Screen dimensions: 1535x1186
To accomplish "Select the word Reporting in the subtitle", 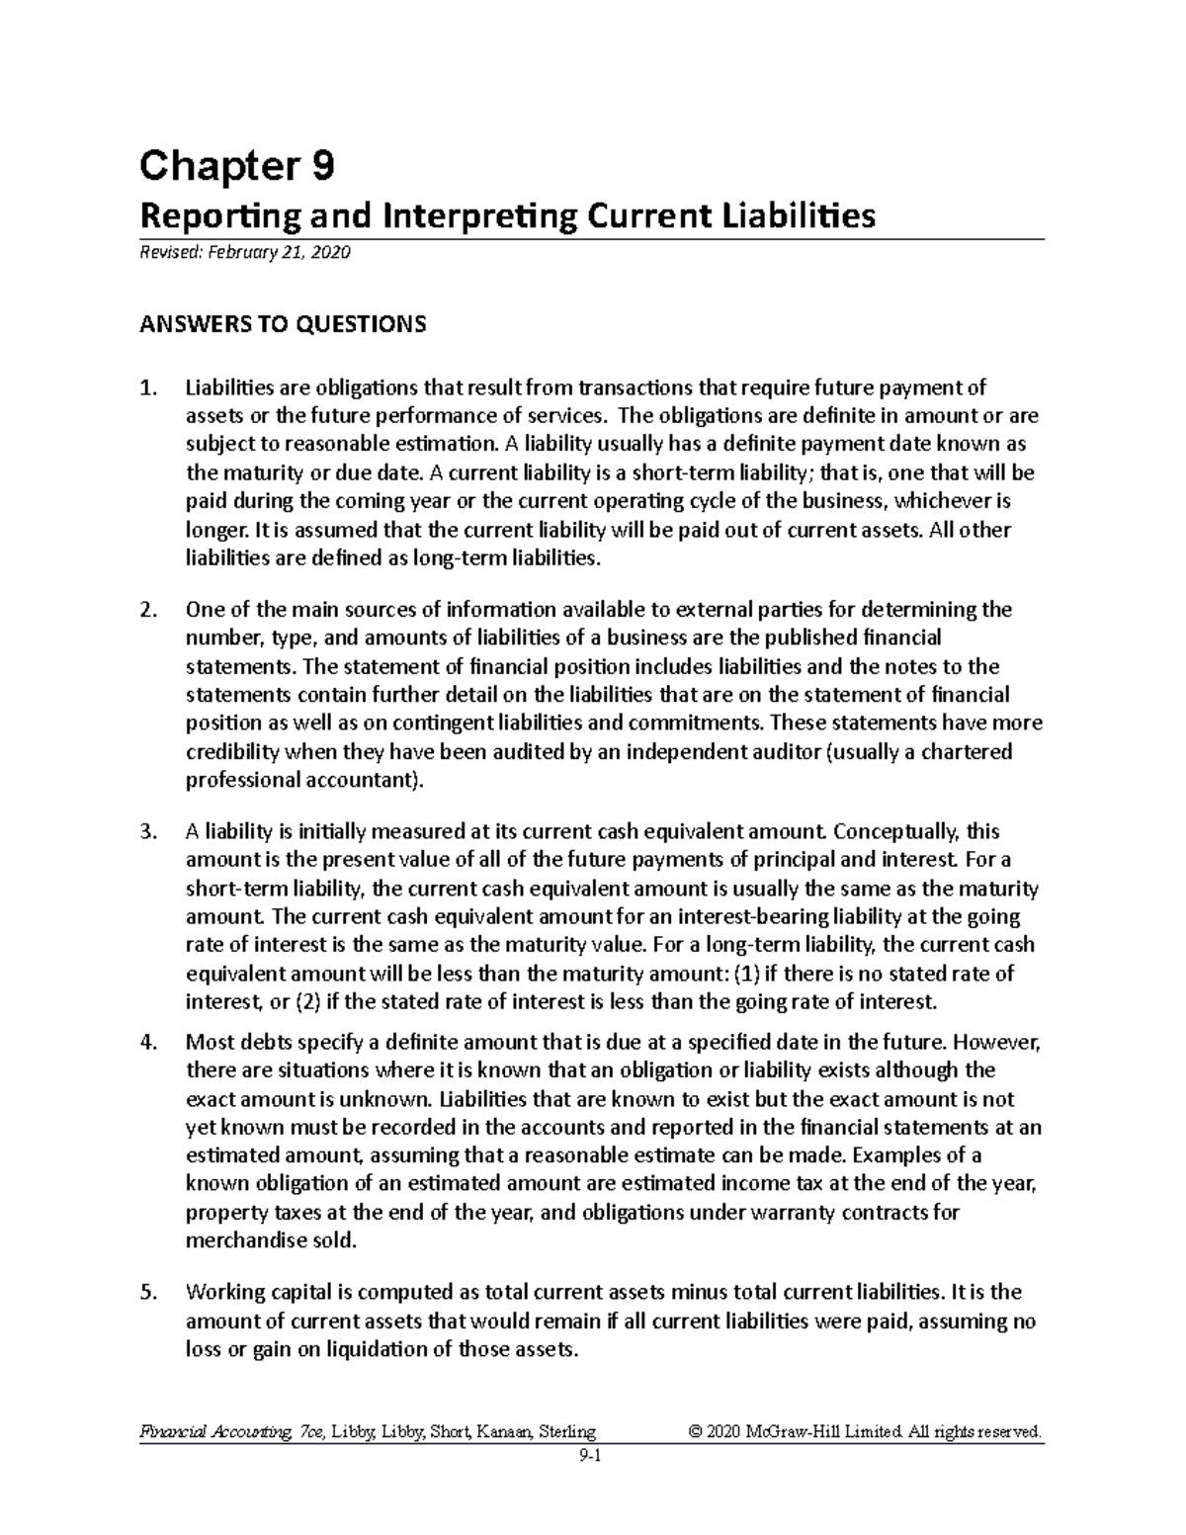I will pyautogui.click(x=198, y=215).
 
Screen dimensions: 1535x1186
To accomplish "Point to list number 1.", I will pyautogui.click(x=148, y=387).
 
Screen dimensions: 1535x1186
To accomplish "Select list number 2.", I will pyautogui.click(x=148, y=609).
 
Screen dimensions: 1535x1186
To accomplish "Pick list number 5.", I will pyautogui.click(x=148, y=1292).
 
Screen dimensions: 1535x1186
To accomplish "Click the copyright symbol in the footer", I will pyautogui.click(x=696, y=1430).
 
